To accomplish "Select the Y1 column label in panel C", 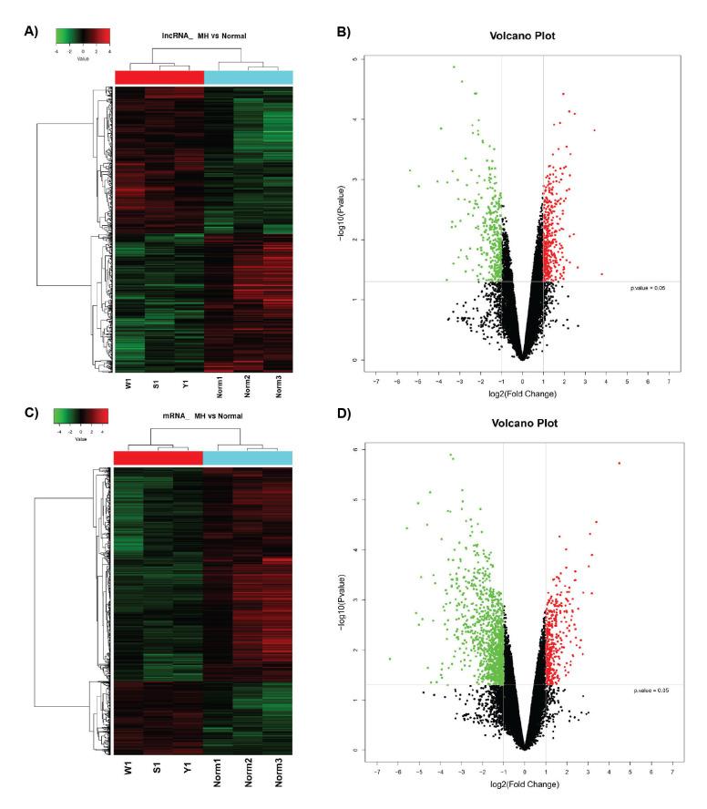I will pyautogui.click(x=185, y=767).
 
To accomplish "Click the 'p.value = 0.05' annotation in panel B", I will pyautogui.click(x=648, y=288).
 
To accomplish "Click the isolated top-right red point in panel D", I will pyautogui.click(x=619, y=463).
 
